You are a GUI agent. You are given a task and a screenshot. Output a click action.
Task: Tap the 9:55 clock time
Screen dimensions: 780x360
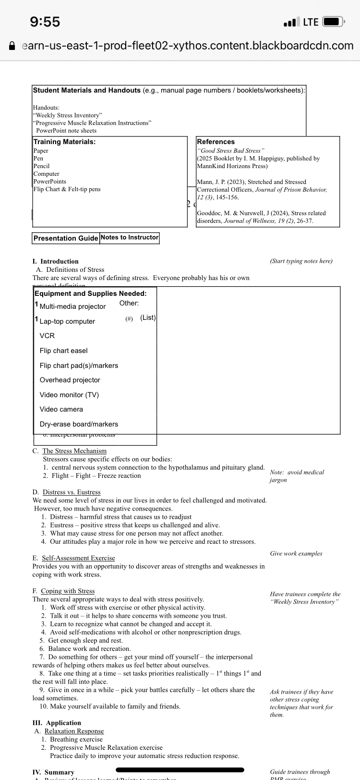45,22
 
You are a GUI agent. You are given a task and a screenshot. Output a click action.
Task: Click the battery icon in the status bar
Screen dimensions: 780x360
334,22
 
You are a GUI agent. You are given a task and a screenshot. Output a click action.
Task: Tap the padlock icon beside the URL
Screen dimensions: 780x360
12,46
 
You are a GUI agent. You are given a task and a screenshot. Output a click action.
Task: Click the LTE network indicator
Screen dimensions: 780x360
311,22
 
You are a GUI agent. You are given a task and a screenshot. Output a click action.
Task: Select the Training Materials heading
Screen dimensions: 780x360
64,142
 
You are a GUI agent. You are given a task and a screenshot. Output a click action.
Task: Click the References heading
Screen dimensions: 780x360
216,142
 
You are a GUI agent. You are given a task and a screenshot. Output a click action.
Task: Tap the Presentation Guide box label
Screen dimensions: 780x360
66,238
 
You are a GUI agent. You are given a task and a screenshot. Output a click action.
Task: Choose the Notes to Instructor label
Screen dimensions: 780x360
130,237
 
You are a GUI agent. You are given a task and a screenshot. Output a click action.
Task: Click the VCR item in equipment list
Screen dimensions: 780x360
47,336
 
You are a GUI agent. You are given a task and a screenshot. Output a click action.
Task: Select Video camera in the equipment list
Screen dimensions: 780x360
61,409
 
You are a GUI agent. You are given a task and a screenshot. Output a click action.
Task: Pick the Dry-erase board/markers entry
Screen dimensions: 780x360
79,424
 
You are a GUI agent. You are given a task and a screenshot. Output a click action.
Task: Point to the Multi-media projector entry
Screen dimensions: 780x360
72,306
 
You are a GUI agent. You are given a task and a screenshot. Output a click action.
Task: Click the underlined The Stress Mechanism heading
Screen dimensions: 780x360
74,451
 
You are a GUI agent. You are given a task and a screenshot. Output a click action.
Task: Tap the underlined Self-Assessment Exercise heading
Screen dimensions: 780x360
78,558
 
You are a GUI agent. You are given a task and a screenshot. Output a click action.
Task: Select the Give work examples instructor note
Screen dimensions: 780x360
296,554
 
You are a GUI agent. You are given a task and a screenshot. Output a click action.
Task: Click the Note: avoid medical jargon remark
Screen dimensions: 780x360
297,476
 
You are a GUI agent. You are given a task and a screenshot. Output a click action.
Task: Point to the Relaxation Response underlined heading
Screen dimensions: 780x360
74,731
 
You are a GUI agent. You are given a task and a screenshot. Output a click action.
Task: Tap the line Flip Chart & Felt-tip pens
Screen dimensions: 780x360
67,189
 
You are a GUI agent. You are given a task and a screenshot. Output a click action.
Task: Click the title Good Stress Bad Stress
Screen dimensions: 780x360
230,151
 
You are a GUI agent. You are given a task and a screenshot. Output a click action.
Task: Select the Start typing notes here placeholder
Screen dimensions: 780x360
301,261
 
